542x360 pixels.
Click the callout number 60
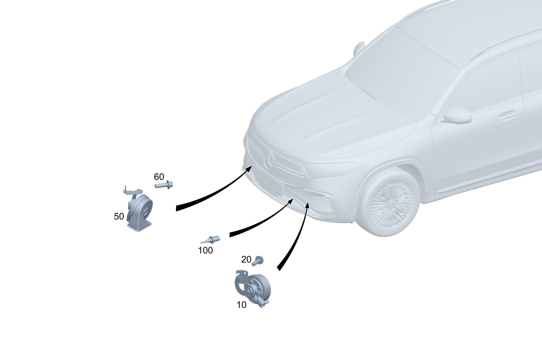tap(159, 177)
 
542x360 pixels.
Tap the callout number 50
tap(119, 216)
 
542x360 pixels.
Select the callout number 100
tap(206, 250)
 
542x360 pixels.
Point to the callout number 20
tap(246, 259)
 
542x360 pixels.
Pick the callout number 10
tap(242, 305)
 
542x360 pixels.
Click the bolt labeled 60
tap(164, 185)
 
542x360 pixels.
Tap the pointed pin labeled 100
tap(210, 239)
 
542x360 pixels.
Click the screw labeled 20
tap(258, 261)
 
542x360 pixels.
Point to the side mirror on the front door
tap(457, 115)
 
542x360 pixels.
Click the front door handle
tap(507, 115)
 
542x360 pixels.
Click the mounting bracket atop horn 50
tap(132, 190)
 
